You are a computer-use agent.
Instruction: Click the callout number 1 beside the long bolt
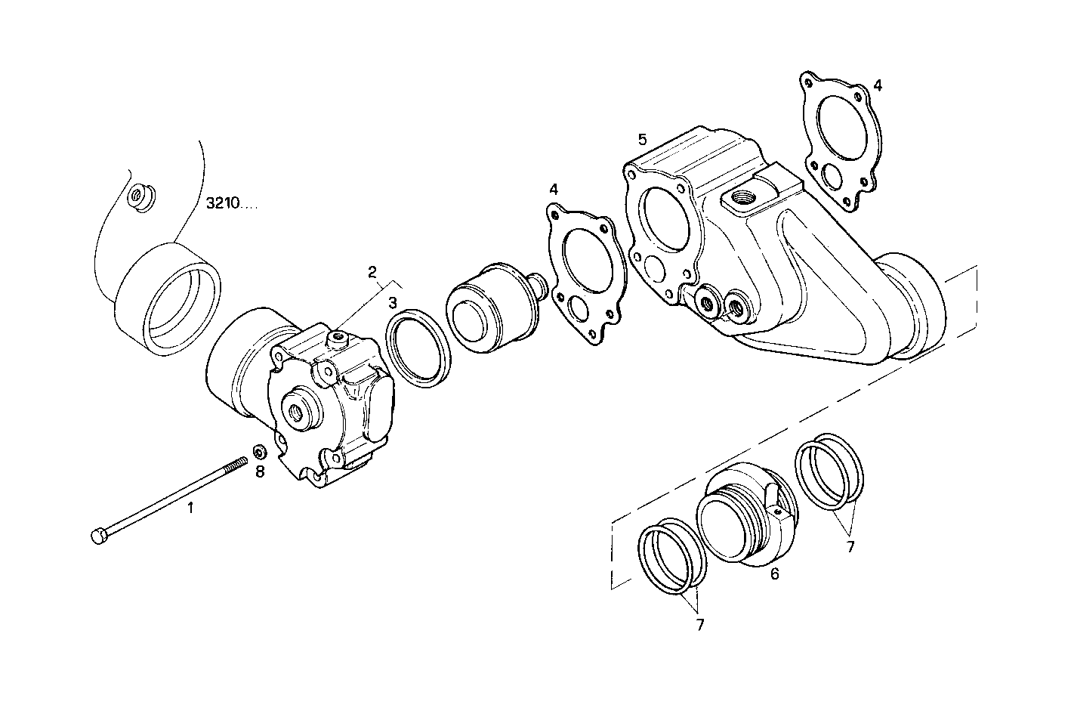point(190,508)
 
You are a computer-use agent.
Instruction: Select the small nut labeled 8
point(258,453)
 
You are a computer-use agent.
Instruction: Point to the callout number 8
point(259,472)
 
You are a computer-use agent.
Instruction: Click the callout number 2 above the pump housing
point(372,271)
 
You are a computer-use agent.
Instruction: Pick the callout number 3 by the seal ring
point(393,303)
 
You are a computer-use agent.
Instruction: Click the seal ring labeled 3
point(420,348)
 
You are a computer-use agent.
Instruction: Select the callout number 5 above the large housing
point(642,139)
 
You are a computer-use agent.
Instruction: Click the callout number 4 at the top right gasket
point(877,85)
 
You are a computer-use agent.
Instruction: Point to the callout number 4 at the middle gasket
point(554,188)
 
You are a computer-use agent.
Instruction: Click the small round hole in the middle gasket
point(582,309)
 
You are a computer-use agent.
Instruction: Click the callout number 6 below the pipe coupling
point(774,574)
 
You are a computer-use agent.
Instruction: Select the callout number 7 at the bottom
point(699,625)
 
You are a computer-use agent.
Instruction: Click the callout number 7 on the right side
point(850,546)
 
